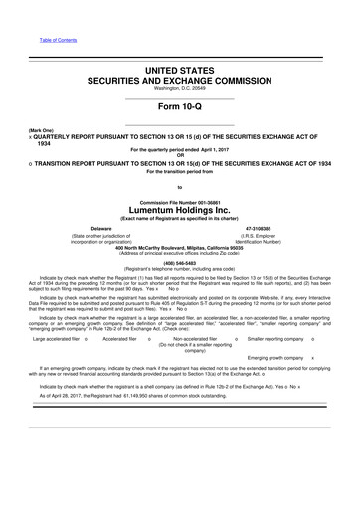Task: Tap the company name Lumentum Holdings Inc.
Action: (180, 211)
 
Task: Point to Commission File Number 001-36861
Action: (180, 200)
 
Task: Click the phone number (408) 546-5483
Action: (179, 262)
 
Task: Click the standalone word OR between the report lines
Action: (180, 155)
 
